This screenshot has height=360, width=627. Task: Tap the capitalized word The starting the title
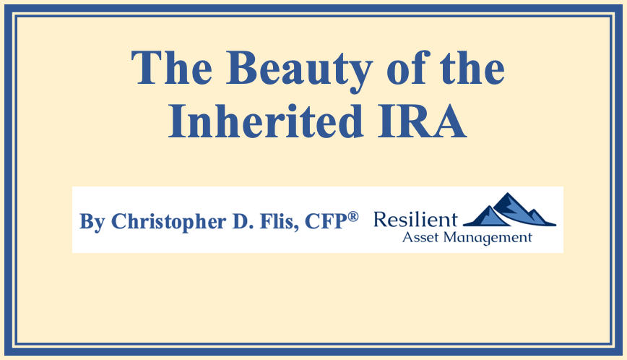click(171, 68)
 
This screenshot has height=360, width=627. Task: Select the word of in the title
click(408, 67)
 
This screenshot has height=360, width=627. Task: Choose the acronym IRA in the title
click(422, 121)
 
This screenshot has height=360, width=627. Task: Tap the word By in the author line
click(92, 222)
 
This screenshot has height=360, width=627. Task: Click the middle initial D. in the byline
click(242, 221)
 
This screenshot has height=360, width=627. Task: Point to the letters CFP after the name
click(326, 221)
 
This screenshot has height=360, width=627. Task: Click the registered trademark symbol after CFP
click(353, 217)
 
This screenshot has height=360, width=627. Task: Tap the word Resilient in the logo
click(415, 220)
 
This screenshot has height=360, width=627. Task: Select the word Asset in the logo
click(421, 237)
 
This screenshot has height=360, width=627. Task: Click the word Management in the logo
click(488, 238)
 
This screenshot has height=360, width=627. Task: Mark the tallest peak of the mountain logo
click(508, 194)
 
